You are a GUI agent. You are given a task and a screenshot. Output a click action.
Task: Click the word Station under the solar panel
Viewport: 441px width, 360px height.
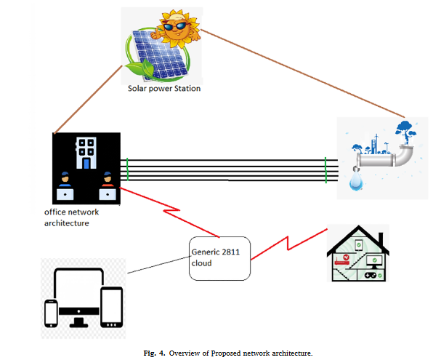185,89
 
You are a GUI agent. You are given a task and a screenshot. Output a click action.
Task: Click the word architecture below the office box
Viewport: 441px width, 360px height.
66,223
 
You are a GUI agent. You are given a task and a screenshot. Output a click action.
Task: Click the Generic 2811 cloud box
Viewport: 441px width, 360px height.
219,257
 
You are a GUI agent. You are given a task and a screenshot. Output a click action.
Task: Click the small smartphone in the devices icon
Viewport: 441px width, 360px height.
52,313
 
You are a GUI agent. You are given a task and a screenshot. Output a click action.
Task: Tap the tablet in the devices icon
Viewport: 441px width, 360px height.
111,306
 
